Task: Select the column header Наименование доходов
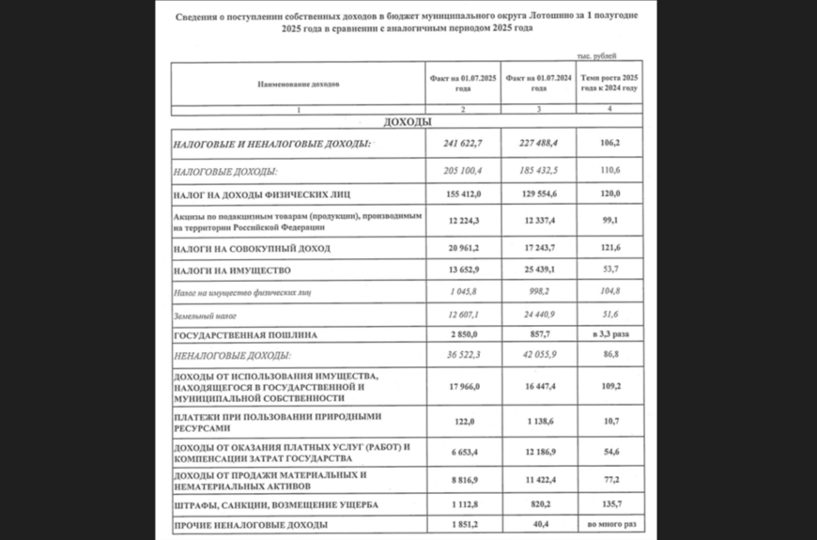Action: (298, 84)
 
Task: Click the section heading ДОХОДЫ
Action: (408, 123)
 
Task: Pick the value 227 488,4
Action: (537, 144)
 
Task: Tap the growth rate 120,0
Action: (610, 194)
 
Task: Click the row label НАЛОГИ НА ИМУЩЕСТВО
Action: (231, 270)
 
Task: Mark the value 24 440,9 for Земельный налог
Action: (537, 314)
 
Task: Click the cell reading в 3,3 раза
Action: (610, 334)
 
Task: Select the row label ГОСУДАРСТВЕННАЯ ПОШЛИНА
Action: (245, 334)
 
